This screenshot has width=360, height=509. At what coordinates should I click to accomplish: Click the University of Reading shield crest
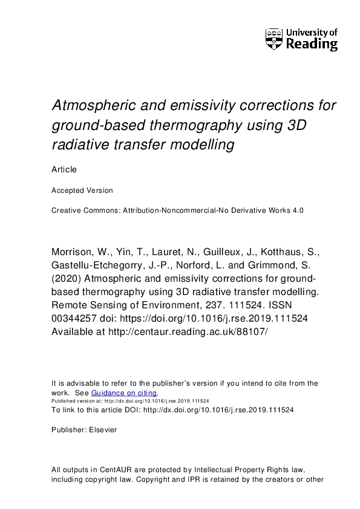pyautogui.click(x=274, y=39)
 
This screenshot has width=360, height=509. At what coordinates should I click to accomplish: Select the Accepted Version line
pyautogui.click(x=82, y=190)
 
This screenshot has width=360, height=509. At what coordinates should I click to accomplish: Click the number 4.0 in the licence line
pyautogui.click(x=295, y=210)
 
